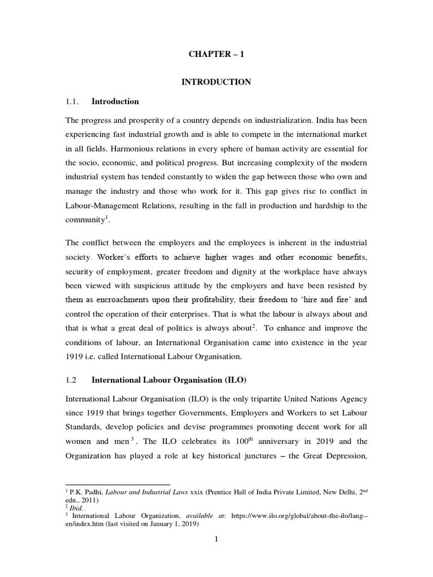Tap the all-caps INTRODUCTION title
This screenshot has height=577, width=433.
[216, 82]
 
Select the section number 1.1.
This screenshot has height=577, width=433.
[74, 102]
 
